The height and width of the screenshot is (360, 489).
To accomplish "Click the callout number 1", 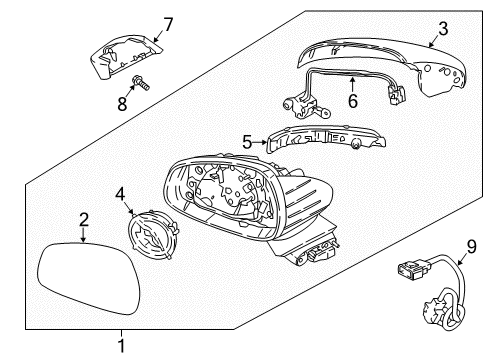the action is point(122,346).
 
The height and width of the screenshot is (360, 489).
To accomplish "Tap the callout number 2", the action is point(84,220).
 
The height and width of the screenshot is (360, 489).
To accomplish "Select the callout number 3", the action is point(443,29).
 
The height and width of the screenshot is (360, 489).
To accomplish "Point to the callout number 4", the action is point(120,194).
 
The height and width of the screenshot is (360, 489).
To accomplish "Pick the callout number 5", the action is point(247,142).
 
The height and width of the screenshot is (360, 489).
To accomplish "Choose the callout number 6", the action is point(353,101).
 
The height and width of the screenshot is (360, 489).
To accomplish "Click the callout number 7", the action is point(168,24).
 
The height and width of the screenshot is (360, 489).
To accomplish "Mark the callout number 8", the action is point(122,104).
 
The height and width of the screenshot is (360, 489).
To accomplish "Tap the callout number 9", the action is point(472,247).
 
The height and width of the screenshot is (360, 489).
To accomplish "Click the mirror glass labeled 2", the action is point(88,278).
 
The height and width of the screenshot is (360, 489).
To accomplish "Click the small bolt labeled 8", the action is point(141,83).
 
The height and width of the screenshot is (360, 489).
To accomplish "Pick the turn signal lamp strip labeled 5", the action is point(326,139).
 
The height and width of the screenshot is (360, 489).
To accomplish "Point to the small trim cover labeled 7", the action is point(126,56).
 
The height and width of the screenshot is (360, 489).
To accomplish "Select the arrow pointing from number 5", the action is point(260,142).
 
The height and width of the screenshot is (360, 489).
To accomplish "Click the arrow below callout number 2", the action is point(83,235).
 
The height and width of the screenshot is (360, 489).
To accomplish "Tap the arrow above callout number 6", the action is point(352,84).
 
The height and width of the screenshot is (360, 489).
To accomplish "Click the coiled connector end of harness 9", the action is point(444,309).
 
